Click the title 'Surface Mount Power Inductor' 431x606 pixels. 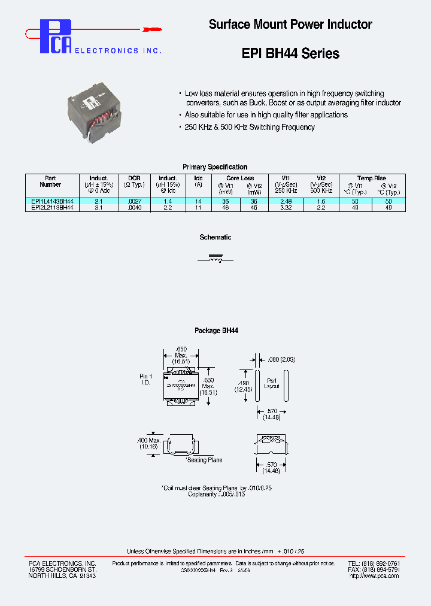(x=290, y=25)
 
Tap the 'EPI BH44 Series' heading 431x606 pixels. (x=290, y=53)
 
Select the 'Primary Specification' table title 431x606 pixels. (x=215, y=167)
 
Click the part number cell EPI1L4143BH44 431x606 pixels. (x=52, y=202)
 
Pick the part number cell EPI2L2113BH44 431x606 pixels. (x=52, y=207)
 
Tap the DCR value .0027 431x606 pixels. (x=134, y=202)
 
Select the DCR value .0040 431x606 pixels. (x=134, y=207)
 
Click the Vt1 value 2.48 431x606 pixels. (x=286, y=202)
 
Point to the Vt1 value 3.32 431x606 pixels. (x=286, y=207)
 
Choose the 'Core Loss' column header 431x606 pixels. (x=240, y=178)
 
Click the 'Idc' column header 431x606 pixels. (x=198, y=178)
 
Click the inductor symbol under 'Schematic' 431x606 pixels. (x=215, y=260)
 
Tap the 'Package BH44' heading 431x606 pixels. (x=216, y=331)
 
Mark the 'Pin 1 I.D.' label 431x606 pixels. (x=146, y=379)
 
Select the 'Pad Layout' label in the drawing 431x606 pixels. (x=272, y=383)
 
